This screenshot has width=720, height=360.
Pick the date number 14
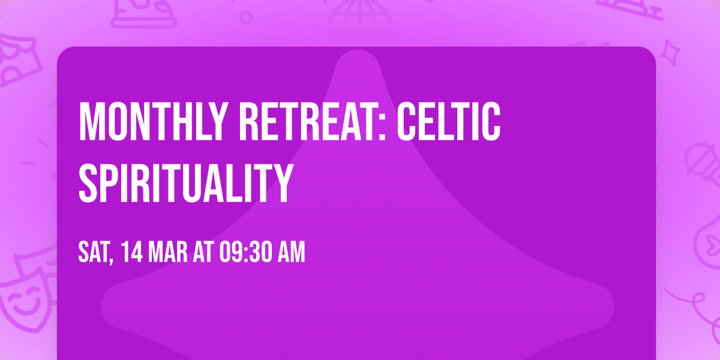(x=131, y=253)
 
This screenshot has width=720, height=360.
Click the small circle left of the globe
(x=246, y=16)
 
